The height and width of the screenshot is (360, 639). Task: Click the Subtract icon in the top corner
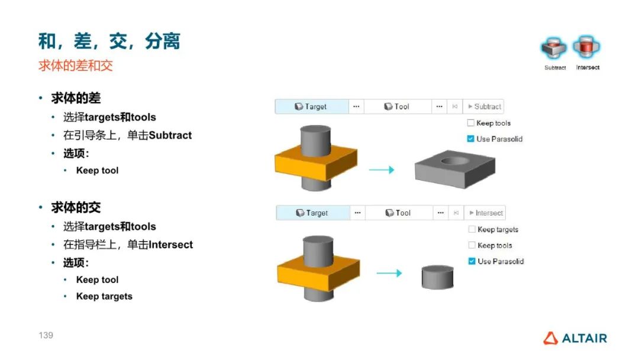point(554,48)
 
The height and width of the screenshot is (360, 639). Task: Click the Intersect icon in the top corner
point(587,47)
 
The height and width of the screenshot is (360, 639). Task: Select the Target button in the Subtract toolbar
point(312,107)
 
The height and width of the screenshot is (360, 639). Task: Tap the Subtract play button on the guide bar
point(483,107)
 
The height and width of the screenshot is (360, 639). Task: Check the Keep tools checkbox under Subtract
point(471,123)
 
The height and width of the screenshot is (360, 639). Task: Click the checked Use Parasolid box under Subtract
point(471,139)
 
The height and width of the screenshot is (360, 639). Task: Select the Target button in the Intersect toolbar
point(313,213)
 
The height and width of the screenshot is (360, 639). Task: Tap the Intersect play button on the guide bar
point(485,213)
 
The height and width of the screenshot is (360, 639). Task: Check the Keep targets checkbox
point(472,230)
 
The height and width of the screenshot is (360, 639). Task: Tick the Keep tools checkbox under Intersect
point(472,246)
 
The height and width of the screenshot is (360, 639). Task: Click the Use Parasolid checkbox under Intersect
point(472,261)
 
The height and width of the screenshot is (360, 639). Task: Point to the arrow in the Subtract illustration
point(382,170)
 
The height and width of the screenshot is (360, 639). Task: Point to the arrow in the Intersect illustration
point(389,273)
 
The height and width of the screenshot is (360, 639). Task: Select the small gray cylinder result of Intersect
point(437,276)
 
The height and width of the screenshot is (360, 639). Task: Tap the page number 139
point(46,335)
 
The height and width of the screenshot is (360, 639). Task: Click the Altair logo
point(575,338)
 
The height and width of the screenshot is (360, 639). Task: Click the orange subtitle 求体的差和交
point(75,66)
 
